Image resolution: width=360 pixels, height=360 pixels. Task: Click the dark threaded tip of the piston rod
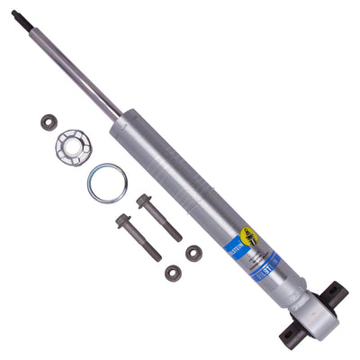point(17,15)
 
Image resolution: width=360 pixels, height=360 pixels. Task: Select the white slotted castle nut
point(72,146)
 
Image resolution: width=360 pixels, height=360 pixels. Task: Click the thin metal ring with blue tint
point(106,183)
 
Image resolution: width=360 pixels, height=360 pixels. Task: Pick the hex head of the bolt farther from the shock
point(123,220)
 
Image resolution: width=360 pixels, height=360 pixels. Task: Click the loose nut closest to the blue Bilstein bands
point(193,253)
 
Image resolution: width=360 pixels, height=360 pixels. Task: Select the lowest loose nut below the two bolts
point(174,272)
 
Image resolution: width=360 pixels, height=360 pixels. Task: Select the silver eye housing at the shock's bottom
point(312,314)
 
